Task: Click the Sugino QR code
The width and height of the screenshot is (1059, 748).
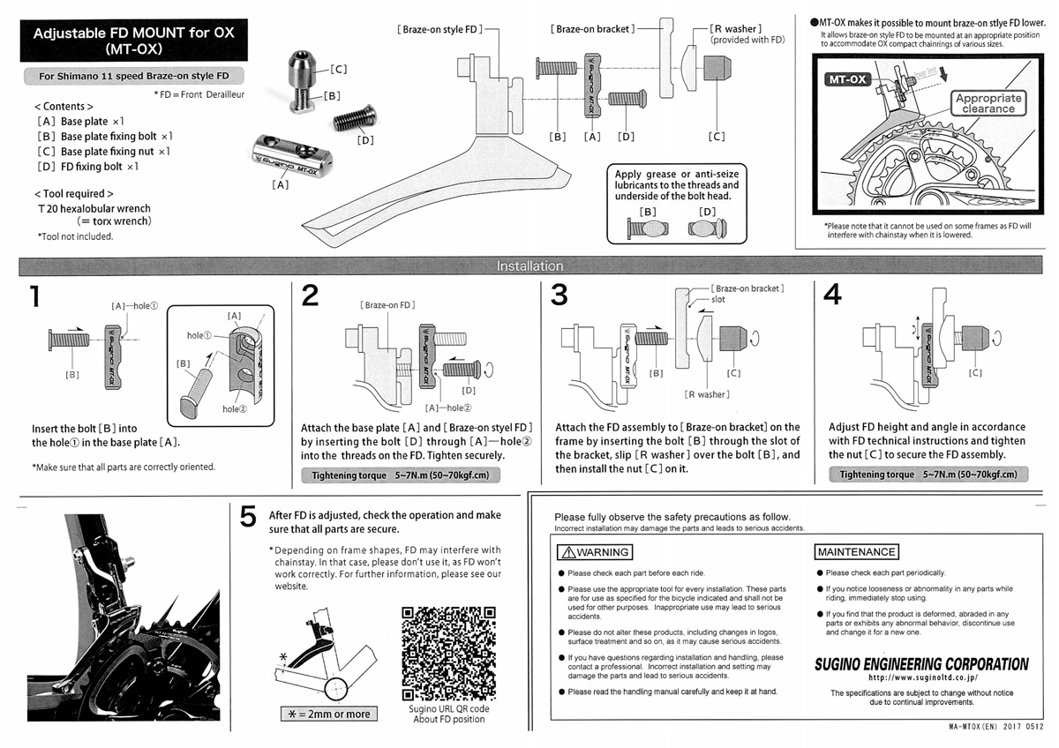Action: click(x=449, y=652)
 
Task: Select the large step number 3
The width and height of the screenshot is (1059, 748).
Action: click(x=559, y=296)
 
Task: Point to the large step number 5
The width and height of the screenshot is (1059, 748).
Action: click(x=249, y=518)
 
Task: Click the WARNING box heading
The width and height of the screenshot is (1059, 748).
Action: click(x=596, y=552)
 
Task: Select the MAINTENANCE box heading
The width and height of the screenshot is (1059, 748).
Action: click(x=856, y=552)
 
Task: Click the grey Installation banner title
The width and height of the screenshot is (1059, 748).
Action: click(x=529, y=266)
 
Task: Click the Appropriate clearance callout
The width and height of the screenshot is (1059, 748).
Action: click(x=988, y=103)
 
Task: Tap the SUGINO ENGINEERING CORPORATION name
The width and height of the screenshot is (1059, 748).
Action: click(x=921, y=664)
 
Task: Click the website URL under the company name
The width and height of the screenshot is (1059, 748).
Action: click(x=921, y=678)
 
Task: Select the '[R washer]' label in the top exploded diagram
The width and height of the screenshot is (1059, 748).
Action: click(x=735, y=29)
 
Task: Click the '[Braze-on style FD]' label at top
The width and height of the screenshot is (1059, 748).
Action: click(x=439, y=29)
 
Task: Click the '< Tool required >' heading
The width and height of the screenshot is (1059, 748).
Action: click(x=73, y=193)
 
